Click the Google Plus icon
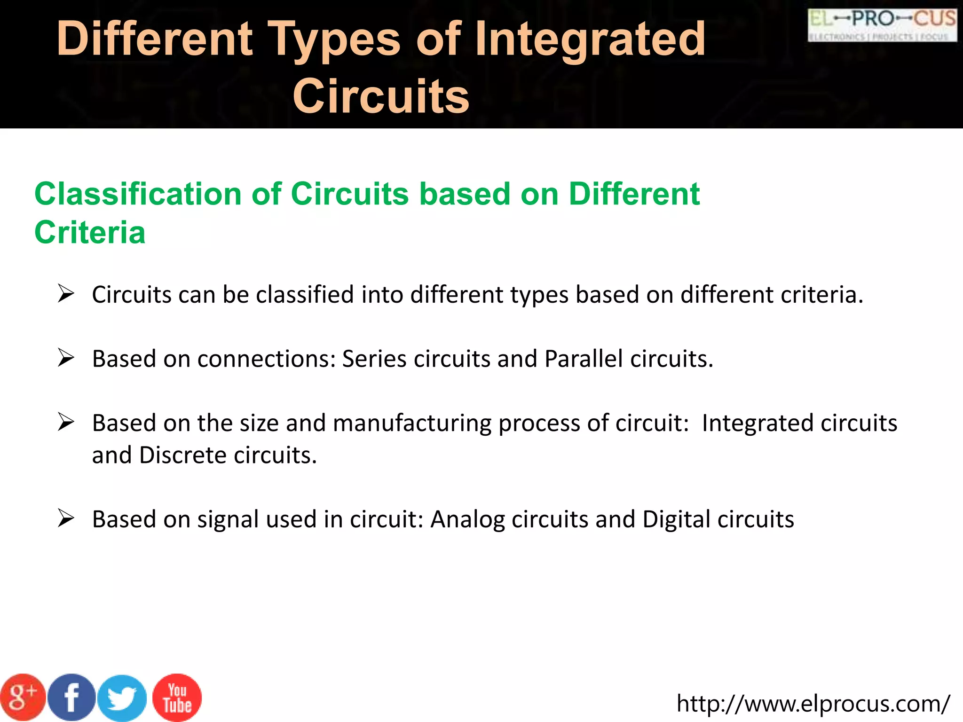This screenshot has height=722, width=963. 23,698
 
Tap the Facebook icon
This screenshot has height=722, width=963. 71,698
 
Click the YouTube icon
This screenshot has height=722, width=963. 177,698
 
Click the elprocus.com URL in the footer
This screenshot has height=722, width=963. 813,704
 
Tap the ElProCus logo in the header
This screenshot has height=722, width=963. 882,25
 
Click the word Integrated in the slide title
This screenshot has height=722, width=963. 590,39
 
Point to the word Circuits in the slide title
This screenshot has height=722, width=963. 381,96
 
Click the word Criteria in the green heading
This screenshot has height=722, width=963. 90,232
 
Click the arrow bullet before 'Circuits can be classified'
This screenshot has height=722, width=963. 66,294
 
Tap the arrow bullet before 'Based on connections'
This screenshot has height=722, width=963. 66,358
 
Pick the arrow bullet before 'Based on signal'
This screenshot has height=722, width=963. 66,518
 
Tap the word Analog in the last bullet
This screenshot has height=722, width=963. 467,520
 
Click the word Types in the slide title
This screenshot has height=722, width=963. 334,39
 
